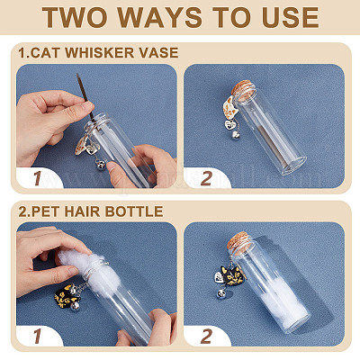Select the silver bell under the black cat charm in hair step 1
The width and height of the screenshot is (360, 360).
click(75, 305)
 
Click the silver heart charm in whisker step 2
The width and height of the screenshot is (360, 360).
click(230, 124)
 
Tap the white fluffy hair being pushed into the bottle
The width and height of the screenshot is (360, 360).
click(90, 270)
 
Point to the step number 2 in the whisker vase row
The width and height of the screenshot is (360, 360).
click(206, 178)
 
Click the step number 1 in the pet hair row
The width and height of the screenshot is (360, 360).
click(38, 336)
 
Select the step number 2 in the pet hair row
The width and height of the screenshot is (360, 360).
click(206, 336)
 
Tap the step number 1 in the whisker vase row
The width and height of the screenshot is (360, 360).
click(38, 178)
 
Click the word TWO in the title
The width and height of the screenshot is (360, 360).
click(76, 17)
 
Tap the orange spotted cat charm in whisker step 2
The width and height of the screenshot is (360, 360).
click(229, 109)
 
